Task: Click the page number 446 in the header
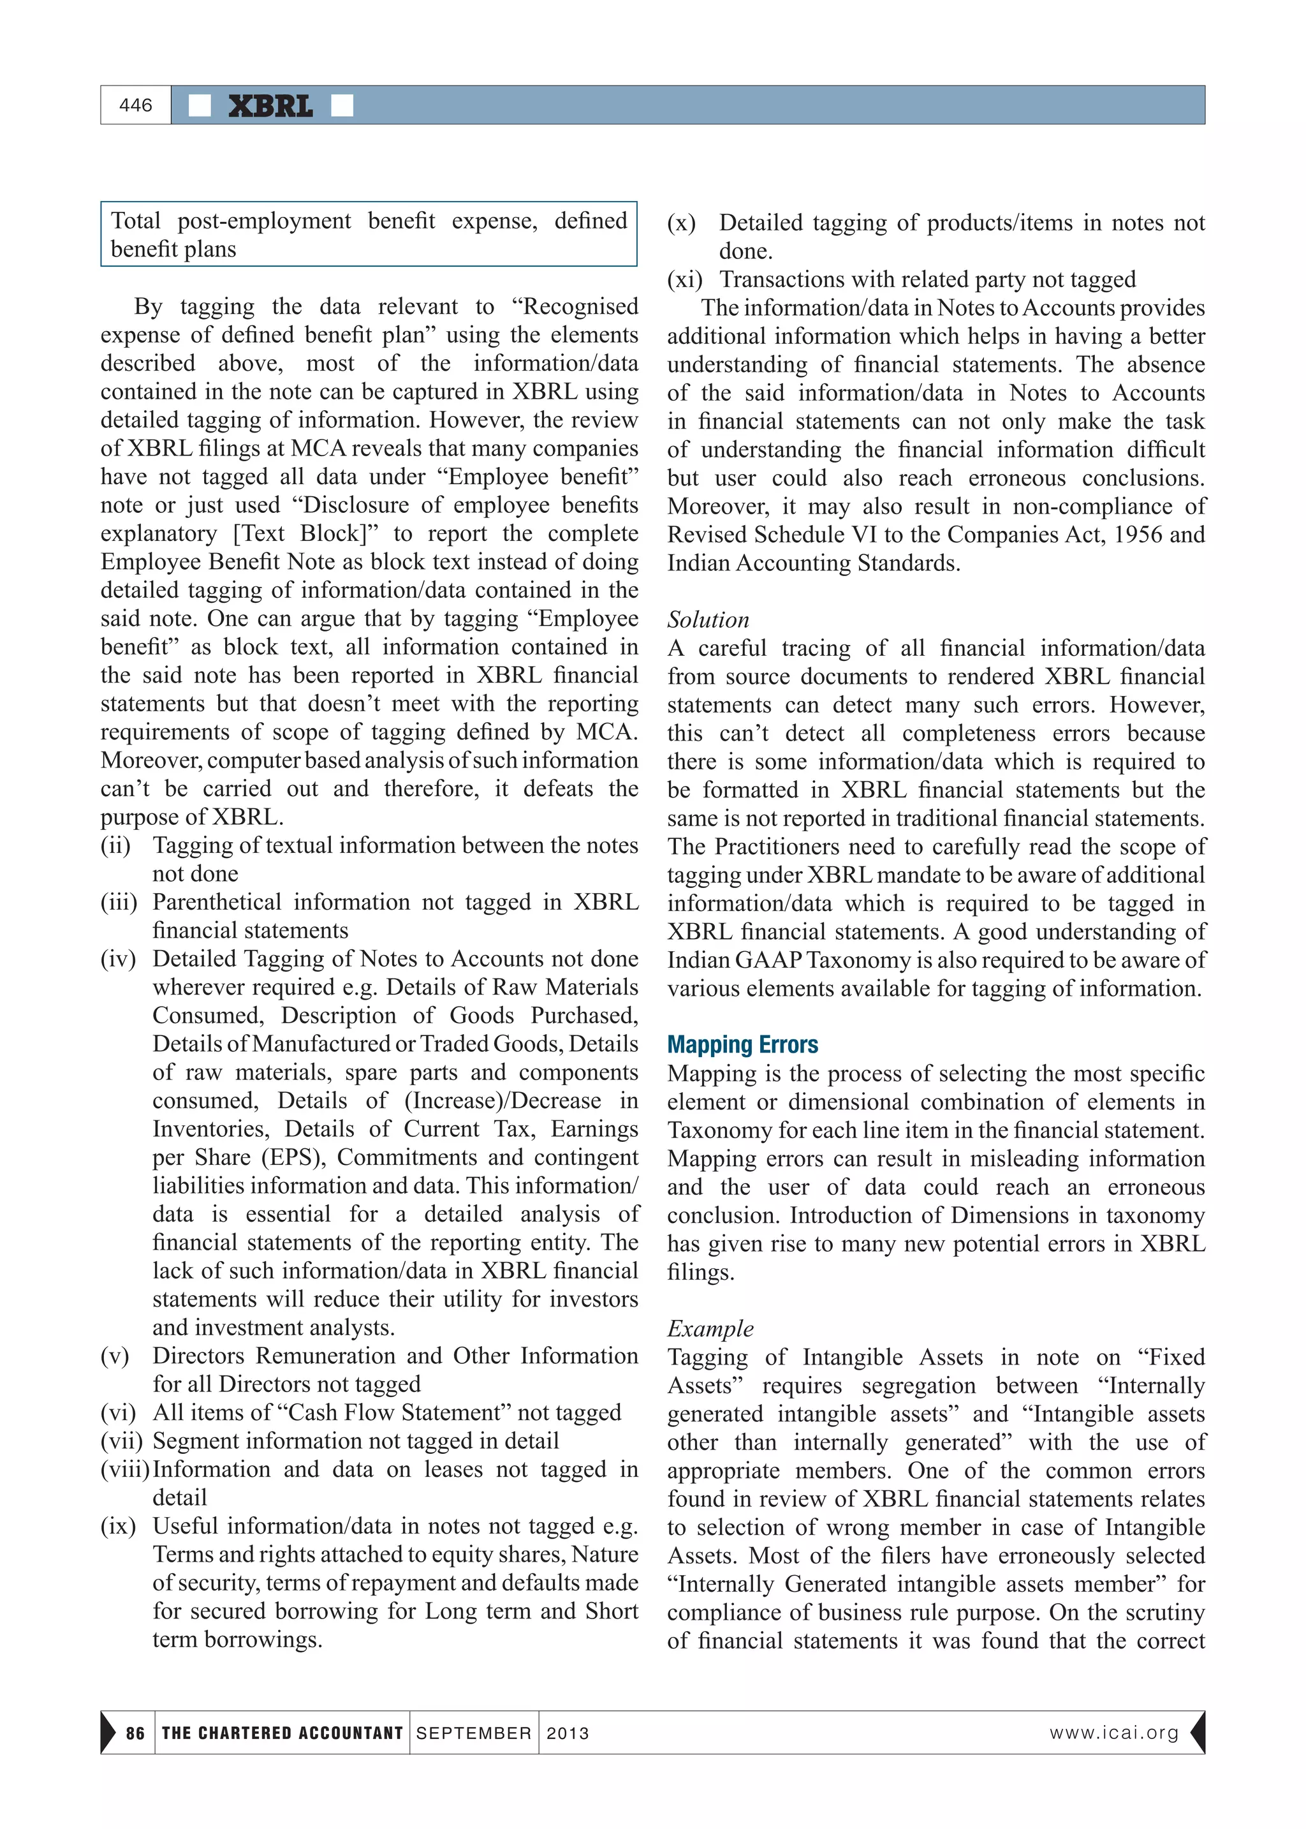pos(135,105)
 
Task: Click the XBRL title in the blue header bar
pos(270,106)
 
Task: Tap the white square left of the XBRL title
pos(200,106)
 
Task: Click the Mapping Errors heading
pos(742,1045)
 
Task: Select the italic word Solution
pos(708,619)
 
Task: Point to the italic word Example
pos(710,1329)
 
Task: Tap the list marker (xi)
pos(684,280)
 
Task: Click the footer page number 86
pos(135,1733)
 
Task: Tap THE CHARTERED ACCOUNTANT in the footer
pos(281,1733)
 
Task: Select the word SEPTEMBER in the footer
pos(474,1733)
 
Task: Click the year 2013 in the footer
pos(568,1733)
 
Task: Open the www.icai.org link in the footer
pos(1114,1733)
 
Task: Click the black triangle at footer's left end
pos(108,1733)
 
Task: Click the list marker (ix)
pos(118,1526)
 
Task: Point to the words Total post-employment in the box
pos(231,221)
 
